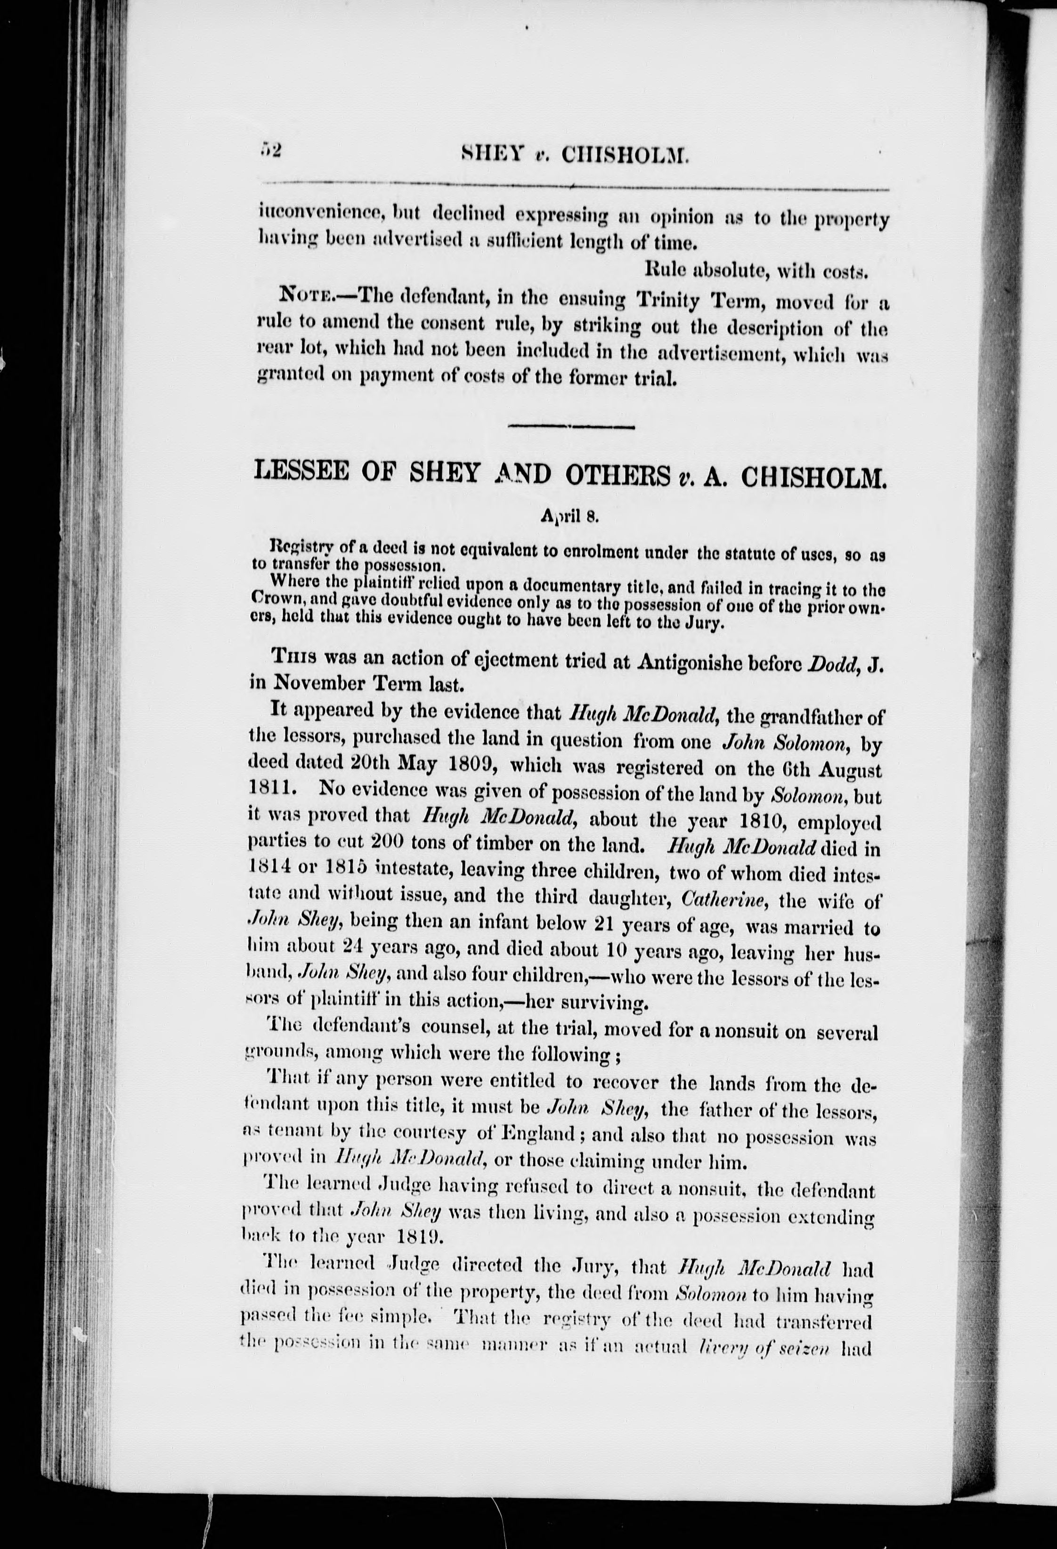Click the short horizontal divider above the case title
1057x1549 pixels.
tap(570, 425)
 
